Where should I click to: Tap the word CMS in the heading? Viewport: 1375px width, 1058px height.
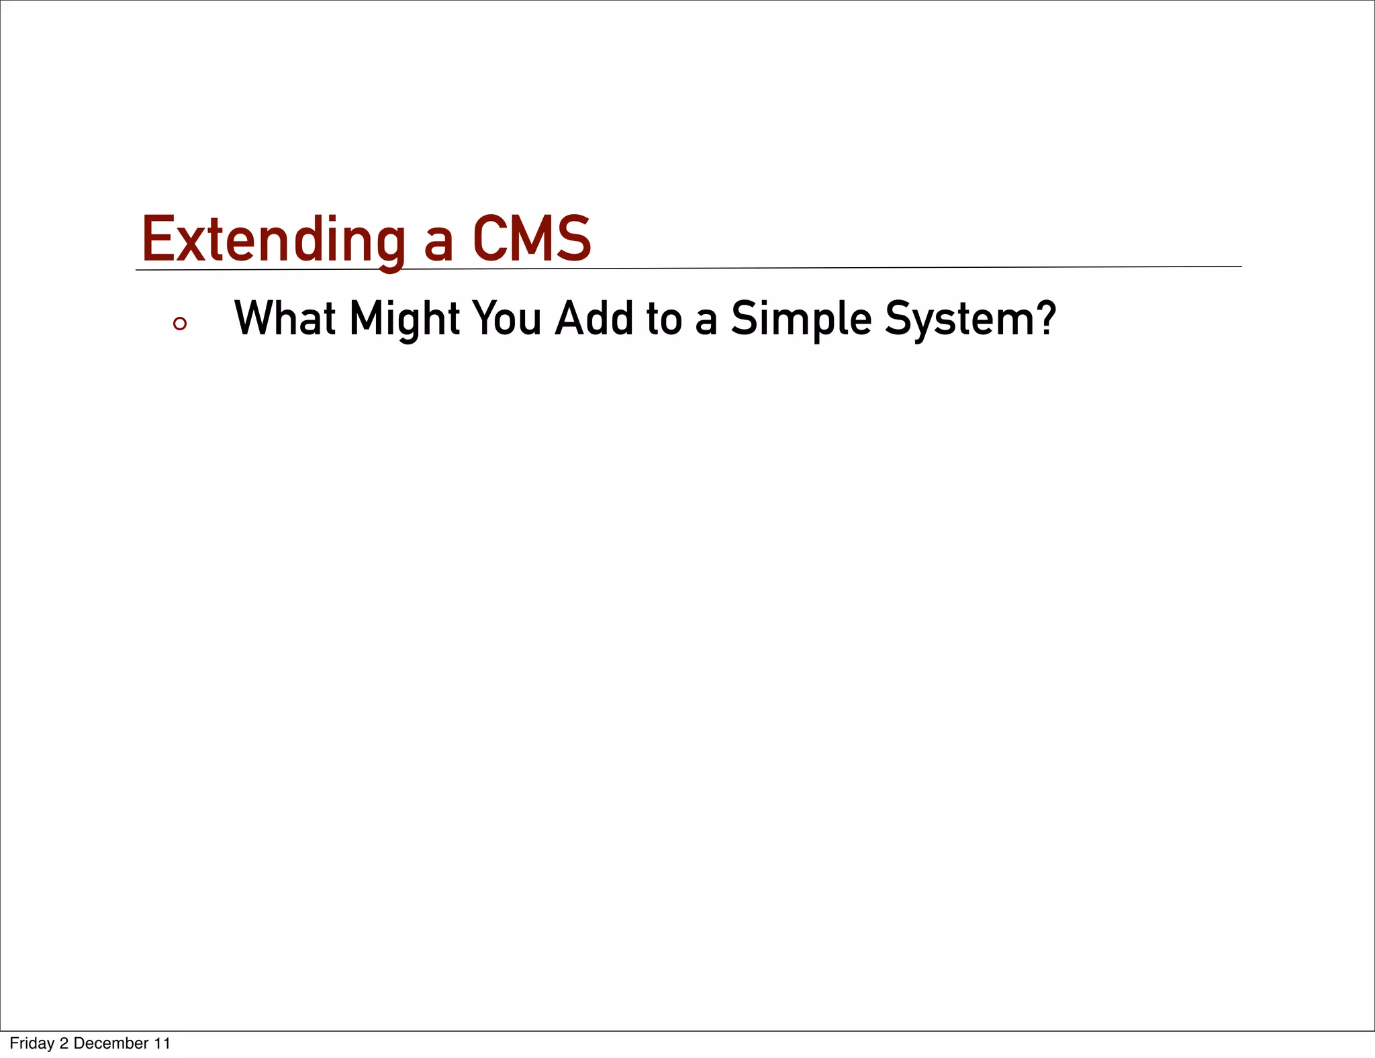point(532,240)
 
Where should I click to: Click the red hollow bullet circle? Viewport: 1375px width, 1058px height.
point(179,324)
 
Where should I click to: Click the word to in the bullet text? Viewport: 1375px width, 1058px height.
point(664,320)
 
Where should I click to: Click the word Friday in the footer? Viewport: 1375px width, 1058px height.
point(32,1043)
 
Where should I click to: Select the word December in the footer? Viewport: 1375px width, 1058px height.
point(111,1043)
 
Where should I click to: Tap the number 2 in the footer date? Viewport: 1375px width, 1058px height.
point(64,1043)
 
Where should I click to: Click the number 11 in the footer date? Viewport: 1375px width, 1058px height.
point(162,1043)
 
